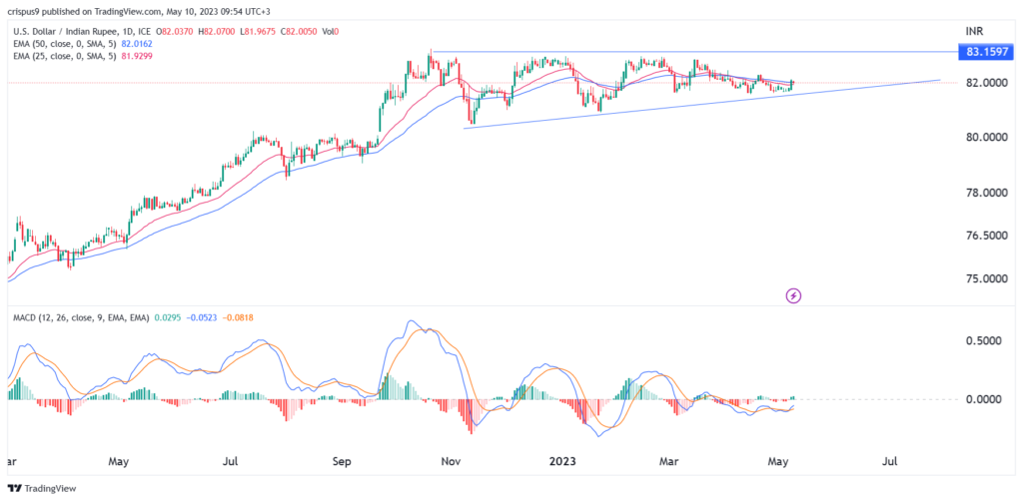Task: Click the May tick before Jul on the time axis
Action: coord(119,462)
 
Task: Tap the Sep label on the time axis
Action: coord(343,462)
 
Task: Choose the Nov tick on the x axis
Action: coord(451,462)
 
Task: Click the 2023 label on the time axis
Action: coord(559,462)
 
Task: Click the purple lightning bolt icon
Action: coord(793,295)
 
